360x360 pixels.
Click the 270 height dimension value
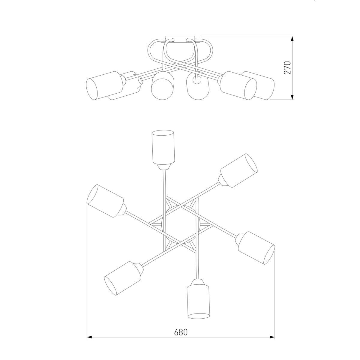[287, 67]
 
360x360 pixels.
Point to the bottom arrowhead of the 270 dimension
[292, 97]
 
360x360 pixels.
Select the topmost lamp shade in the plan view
[163, 147]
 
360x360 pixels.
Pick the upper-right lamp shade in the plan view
[239, 170]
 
